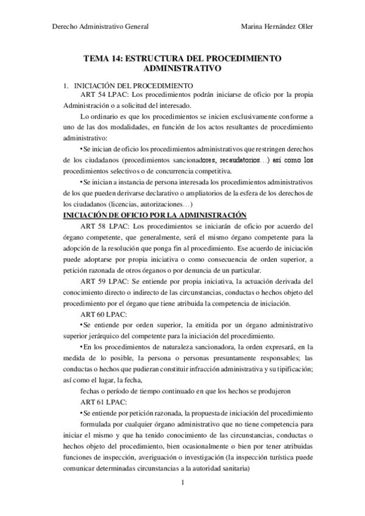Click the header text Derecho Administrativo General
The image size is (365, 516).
(97, 26)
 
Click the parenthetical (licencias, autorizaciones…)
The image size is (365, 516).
(152, 204)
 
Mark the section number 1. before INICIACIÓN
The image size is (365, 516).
(66, 86)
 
